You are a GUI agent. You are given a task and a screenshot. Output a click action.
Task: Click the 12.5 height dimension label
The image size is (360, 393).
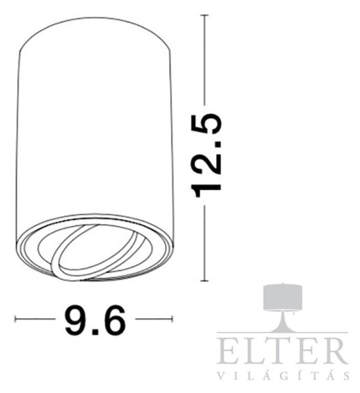point(206,155)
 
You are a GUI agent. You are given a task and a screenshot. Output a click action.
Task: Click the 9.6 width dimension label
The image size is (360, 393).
point(95,320)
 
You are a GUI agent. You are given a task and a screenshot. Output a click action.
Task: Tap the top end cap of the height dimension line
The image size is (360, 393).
point(205,15)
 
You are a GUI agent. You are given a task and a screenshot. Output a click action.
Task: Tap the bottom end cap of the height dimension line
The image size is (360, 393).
point(205,281)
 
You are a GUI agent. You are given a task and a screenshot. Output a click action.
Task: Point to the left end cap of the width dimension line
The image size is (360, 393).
point(15,319)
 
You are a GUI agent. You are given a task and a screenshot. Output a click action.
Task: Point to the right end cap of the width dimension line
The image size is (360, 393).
point(172,319)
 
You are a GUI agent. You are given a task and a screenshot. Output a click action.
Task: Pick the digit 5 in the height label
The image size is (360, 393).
point(206,124)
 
